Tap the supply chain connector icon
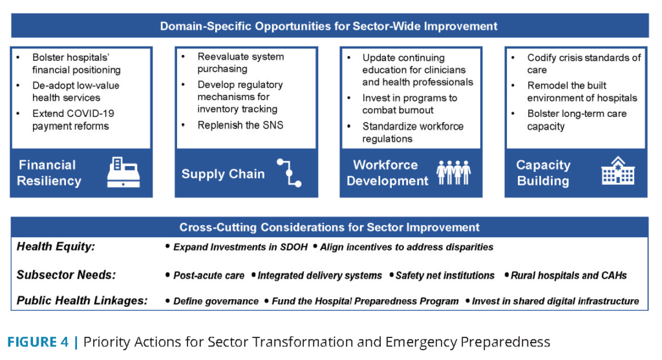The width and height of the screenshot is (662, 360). tap(289, 173)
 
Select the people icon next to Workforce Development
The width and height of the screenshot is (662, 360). tap(453, 172)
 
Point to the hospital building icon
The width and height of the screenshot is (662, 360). tap(618, 171)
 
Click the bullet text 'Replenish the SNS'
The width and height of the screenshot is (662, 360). tap(240, 125)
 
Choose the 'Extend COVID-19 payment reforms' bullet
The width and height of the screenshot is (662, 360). tap(73, 120)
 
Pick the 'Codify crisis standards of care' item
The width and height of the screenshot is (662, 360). tap(584, 64)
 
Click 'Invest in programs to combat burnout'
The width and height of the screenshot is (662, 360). tap(409, 104)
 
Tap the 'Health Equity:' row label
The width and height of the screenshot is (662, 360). tap(56, 246)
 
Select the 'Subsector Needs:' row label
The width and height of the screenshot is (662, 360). tap(66, 275)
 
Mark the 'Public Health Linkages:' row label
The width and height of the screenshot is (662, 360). tap(82, 301)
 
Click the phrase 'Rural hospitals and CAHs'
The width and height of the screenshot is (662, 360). tap(569, 275)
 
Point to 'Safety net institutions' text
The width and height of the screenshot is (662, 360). tap(445, 275)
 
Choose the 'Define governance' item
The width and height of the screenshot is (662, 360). tap(216, 301)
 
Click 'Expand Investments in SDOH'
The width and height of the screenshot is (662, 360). tap(240, 248)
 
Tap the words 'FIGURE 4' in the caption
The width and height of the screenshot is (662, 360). tap(37, 342)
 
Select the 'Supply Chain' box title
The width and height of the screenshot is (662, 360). tap(223, 174)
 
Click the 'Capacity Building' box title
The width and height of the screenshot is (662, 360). tap(543, 173)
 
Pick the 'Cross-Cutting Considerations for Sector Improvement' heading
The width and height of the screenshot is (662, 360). tap(329, 228)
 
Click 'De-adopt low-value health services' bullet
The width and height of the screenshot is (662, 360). tap(76, 92)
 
